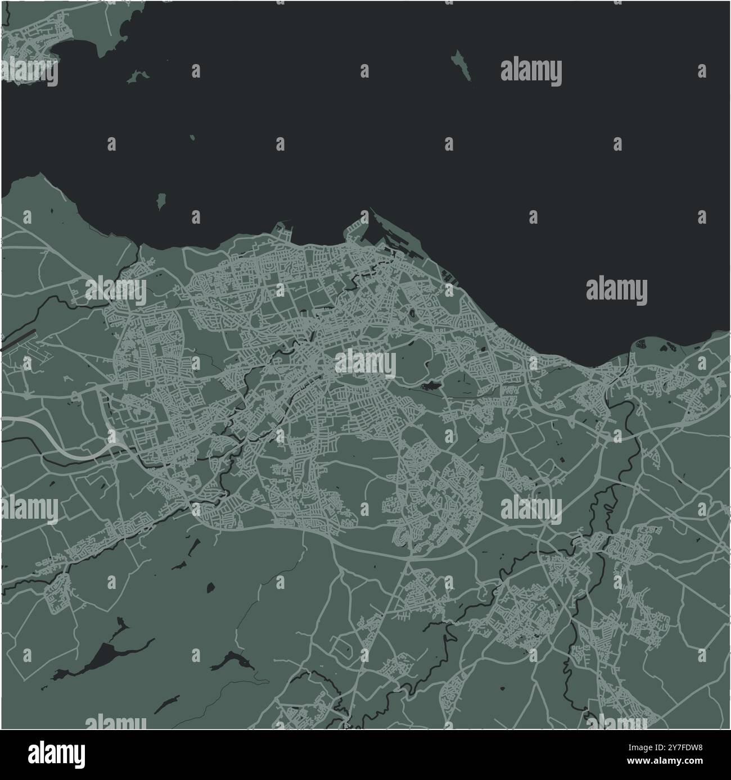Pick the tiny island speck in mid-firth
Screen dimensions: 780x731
[x=192, y=137]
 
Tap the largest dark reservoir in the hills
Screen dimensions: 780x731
[x=106, y=655]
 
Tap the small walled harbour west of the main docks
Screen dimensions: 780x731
[x=282, y=230]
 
